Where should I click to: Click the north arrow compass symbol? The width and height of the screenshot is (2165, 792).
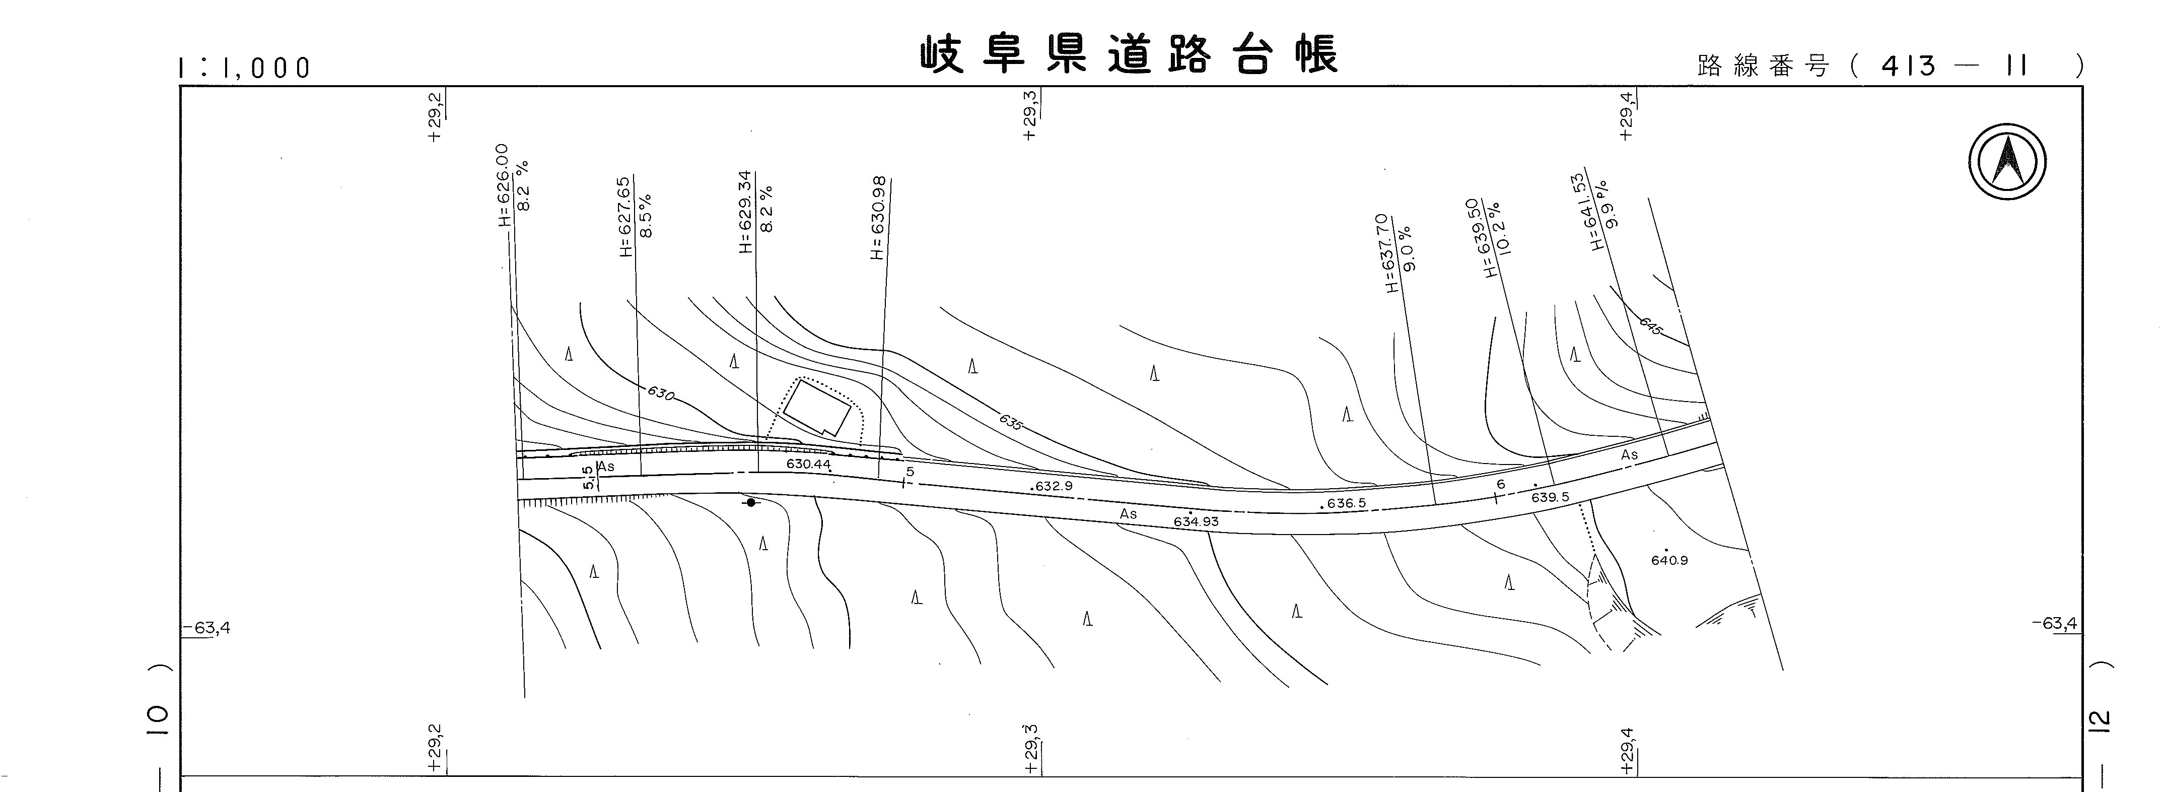click(x=2007, y=161)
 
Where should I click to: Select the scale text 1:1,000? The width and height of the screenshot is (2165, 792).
click(x=244, y=68)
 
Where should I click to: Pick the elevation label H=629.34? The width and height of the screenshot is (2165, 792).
click(x=745, y=212)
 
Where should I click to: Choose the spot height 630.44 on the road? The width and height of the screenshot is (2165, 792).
click(x=808, y=464)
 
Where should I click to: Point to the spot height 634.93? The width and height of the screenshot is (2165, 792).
click(x=1196, y=521)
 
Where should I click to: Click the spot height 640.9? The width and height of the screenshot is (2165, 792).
click(x=1669, y=560)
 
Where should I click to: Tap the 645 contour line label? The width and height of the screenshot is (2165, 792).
click(x=1651, y=326)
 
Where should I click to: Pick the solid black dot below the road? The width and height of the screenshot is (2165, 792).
click(x=750, y=502)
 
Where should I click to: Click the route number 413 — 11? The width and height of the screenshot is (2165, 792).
click(x=1955, y=65)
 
